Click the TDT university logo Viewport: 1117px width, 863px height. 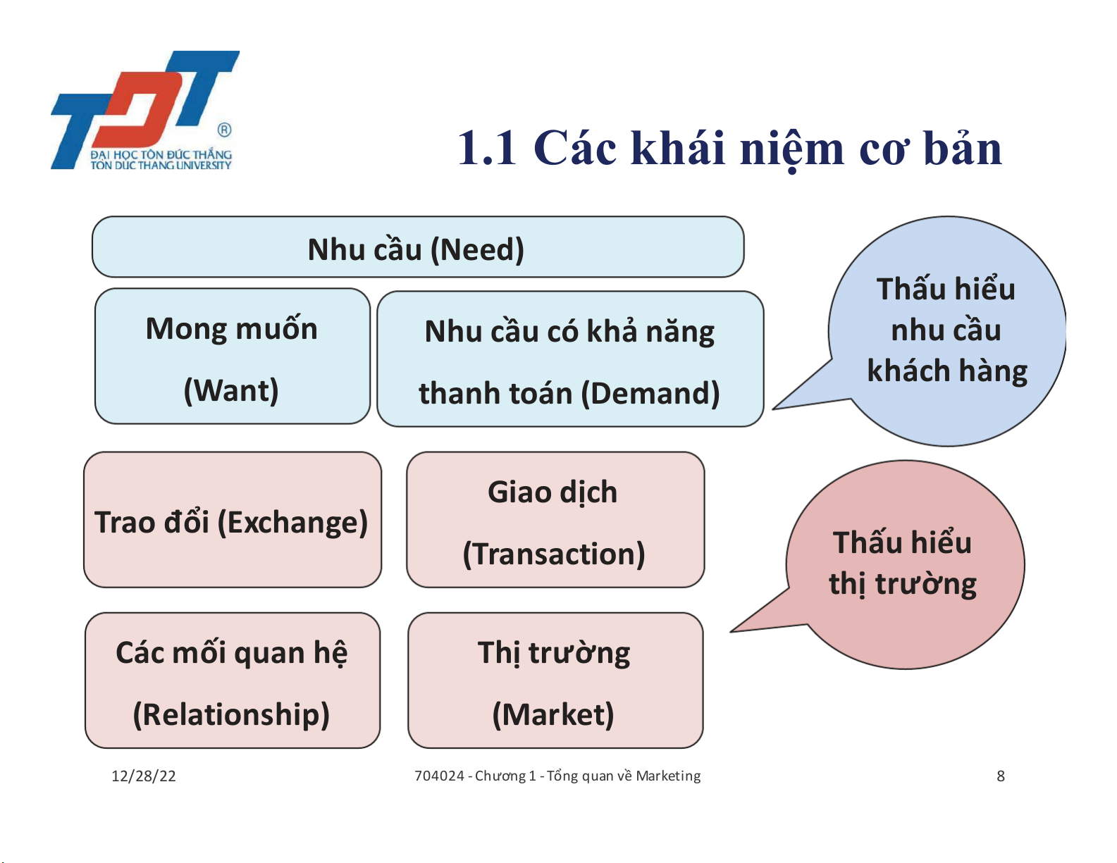point(145,110)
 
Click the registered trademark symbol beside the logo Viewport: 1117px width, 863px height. point(224,130)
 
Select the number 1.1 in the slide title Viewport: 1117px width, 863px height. point(487,149)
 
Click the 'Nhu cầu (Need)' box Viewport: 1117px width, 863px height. point(418,247)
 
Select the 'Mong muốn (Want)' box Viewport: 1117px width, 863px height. point(233,356)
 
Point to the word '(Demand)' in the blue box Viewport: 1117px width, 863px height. point(650,394)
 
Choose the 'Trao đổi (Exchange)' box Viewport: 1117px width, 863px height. point(233,520)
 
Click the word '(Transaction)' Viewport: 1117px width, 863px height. point(554,554)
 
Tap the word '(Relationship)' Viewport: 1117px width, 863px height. point(231,714)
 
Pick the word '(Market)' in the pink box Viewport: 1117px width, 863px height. point(553,714)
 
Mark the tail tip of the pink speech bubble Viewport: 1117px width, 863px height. point(731,631)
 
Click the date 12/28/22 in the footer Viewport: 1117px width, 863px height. point(144,776)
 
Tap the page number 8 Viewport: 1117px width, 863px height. point(1000,776)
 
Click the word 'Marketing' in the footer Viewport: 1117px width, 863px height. point(668,776)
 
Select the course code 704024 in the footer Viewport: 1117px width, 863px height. point(440,776)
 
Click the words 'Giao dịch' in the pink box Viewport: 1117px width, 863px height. point(553,493)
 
